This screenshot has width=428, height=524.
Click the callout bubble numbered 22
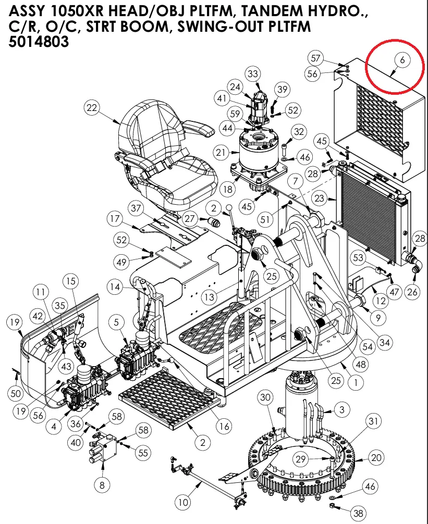(92, 108)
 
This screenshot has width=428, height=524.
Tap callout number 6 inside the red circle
(402, 60)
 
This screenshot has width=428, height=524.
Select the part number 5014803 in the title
(39, 42)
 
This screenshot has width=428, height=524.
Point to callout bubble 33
(253, 74)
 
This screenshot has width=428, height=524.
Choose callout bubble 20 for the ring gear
(376, 458)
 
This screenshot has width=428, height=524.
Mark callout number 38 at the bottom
(358, 513)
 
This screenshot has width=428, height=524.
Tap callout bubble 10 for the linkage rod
(182, 503)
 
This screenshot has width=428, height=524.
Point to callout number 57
(329, 57)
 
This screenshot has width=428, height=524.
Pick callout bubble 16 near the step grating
(224, 427)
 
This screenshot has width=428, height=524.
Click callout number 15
(71, 281)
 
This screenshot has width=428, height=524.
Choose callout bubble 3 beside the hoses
(341, 410)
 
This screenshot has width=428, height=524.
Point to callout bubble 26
(412, 292)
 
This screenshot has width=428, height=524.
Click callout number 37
(136, 208)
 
